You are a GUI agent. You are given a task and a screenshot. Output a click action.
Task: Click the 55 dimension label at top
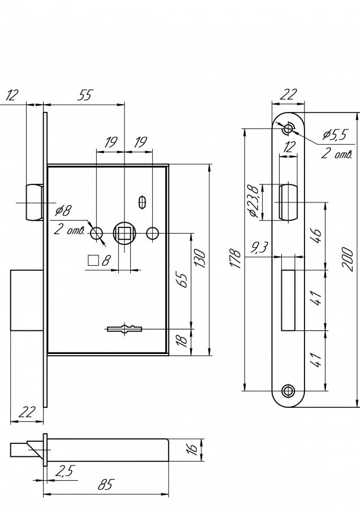pyautogui.click(x=85, y=95)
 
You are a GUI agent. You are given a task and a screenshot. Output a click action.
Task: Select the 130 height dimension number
pyautogui.click(x=200, y=258)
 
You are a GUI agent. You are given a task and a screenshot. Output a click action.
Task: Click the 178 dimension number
pyautogui.click(x=236, y=258)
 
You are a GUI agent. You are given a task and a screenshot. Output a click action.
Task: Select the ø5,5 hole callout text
pyautogui.click(x=335, y=134)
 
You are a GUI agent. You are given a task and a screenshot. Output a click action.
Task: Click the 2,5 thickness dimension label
pyautogui.click(x=65, y=471)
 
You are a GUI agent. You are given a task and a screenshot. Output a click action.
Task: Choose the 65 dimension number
pyautogui.click(x=183, y=281)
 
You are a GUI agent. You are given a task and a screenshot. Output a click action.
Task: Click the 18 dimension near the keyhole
pyautogui.click(x=183, y=340)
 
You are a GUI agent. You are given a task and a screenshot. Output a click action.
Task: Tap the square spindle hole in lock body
pyautogui.click(x=124, y=234)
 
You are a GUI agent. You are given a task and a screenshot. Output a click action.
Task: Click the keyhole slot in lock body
pyautogui.click(x=125, y=329)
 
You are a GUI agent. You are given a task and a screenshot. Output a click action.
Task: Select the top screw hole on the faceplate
pyautogui.click(x=288, y=128)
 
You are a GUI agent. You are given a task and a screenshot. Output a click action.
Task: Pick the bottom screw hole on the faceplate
pyautogui.click(x=288, y=391)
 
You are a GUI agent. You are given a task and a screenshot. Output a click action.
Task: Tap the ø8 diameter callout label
pyautogui.click(x=63, y=211)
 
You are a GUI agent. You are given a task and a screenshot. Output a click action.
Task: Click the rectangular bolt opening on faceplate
pyautogui.click(x=288, y=300)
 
